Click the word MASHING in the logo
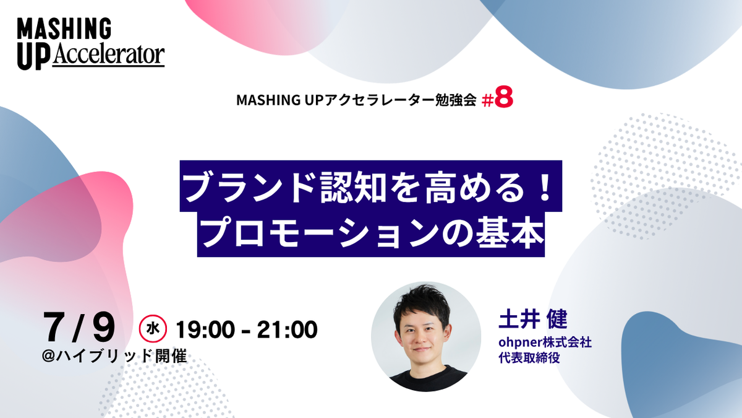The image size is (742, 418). pyautogui.click(x=64, y=28)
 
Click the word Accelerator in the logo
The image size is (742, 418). pyautogui.click(x=108, y=54)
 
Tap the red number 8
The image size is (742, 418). pyautogui.click(x=504, y=98)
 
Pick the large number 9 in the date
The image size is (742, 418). pyautogui.click(x=104, y=327)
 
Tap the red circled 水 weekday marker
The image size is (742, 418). pyautogui.click(x=153, y=328)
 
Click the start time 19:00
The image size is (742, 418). pyautogui.click(x=205, y=329)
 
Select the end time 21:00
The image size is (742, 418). pyautogui.click(x=288, y=329)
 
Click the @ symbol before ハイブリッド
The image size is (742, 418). pyautogui.click(x=48, y=356)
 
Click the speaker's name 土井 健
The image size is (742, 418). pyautogui.click(x=532, y=319)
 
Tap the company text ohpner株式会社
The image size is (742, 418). pyautogui.click(x=545, y=342)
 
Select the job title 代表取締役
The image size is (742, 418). pyautogui.click(x=529, y=358)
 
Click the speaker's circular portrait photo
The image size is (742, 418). pyautogui.click(x=426, y=337)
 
